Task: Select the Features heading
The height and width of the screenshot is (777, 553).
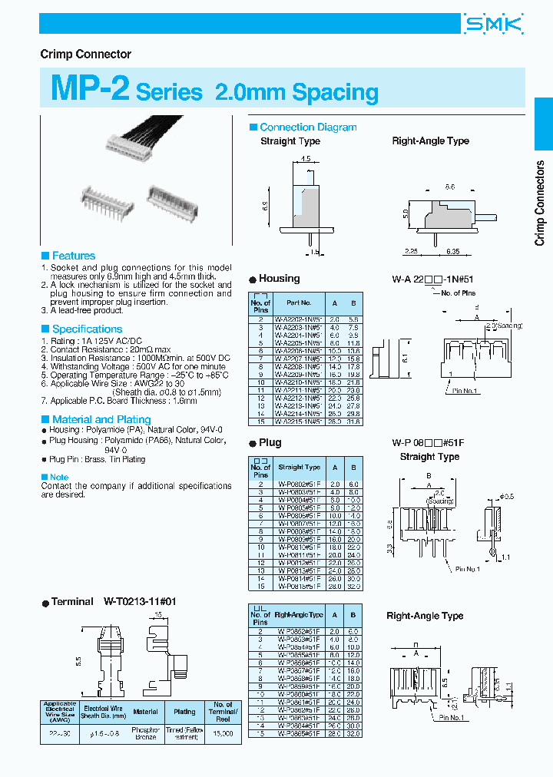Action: coord(73,256)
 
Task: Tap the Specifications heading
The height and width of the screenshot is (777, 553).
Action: coord(87,329)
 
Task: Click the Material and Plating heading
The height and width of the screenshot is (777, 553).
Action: coord(101,419)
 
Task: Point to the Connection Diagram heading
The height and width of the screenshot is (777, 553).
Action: coord(308,127)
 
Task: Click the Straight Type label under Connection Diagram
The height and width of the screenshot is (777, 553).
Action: coord(290,141)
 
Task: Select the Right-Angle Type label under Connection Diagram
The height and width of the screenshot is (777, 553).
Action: coord(430,141)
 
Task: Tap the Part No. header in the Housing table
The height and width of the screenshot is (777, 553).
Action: coord(299,303)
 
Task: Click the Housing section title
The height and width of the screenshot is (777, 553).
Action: coord(279,279)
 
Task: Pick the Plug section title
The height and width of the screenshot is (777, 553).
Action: coord(270,442)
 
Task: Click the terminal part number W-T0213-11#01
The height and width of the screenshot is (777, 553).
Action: coord(140,602)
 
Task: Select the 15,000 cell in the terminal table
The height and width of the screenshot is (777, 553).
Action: coord(224,734)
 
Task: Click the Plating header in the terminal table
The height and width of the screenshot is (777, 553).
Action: coord(184,712)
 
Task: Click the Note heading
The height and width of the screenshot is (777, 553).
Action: coord(58,477)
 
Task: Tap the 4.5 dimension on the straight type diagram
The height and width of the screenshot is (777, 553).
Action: coord(305,159)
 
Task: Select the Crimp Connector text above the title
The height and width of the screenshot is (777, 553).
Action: coord(85,55)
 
